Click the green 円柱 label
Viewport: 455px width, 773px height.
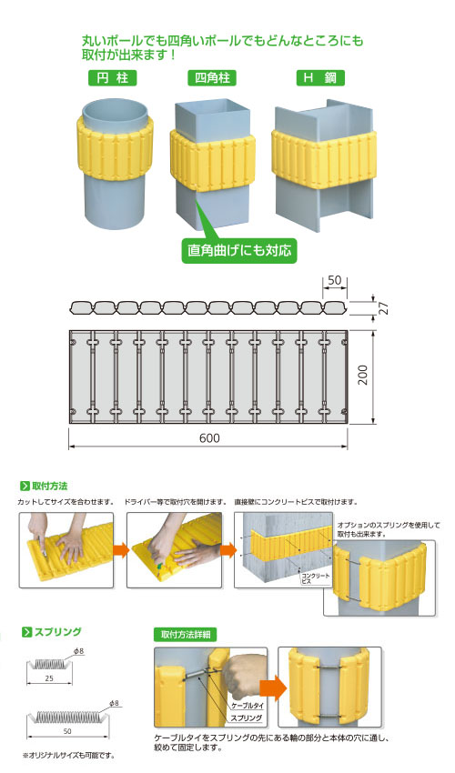click(112, 78)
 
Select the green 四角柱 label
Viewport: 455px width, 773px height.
click(212, 78)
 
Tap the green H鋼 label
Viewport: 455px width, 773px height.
click(320, 78)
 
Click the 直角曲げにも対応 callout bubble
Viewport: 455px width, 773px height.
click(239, 250)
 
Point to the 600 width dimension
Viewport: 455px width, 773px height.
click(209, 438)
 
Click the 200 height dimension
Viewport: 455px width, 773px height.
click(363, 376)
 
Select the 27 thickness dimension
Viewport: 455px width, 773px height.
click(383, 308)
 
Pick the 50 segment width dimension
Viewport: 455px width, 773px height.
click(335, 280)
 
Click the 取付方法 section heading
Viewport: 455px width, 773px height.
click(44, 487)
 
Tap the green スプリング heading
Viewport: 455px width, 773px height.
click(51, 632)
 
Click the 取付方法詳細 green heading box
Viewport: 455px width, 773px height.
click(186, 635)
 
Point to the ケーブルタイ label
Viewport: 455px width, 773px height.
click(247, 706)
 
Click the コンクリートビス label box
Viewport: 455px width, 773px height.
click(315, 578)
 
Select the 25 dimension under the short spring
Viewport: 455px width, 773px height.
click(49, 678)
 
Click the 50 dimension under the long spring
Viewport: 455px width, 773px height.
click(67, 731)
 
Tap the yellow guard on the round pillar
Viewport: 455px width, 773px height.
click(114, 146)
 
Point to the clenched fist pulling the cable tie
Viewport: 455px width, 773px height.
click(243, 674)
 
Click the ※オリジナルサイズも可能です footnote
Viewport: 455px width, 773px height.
click(68, 755)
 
